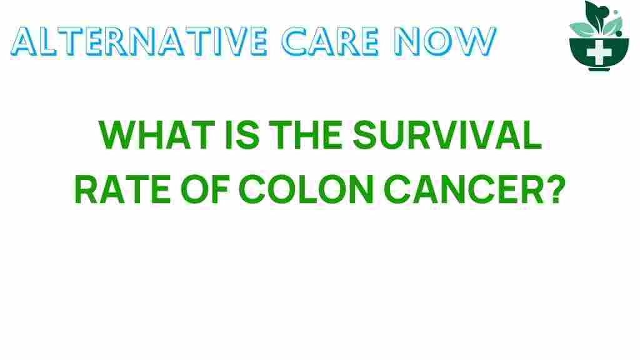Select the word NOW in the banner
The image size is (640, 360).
tap(452, 41)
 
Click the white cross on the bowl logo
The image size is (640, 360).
tap(599, 52)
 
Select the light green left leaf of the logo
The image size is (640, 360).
tap(581, 28)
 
